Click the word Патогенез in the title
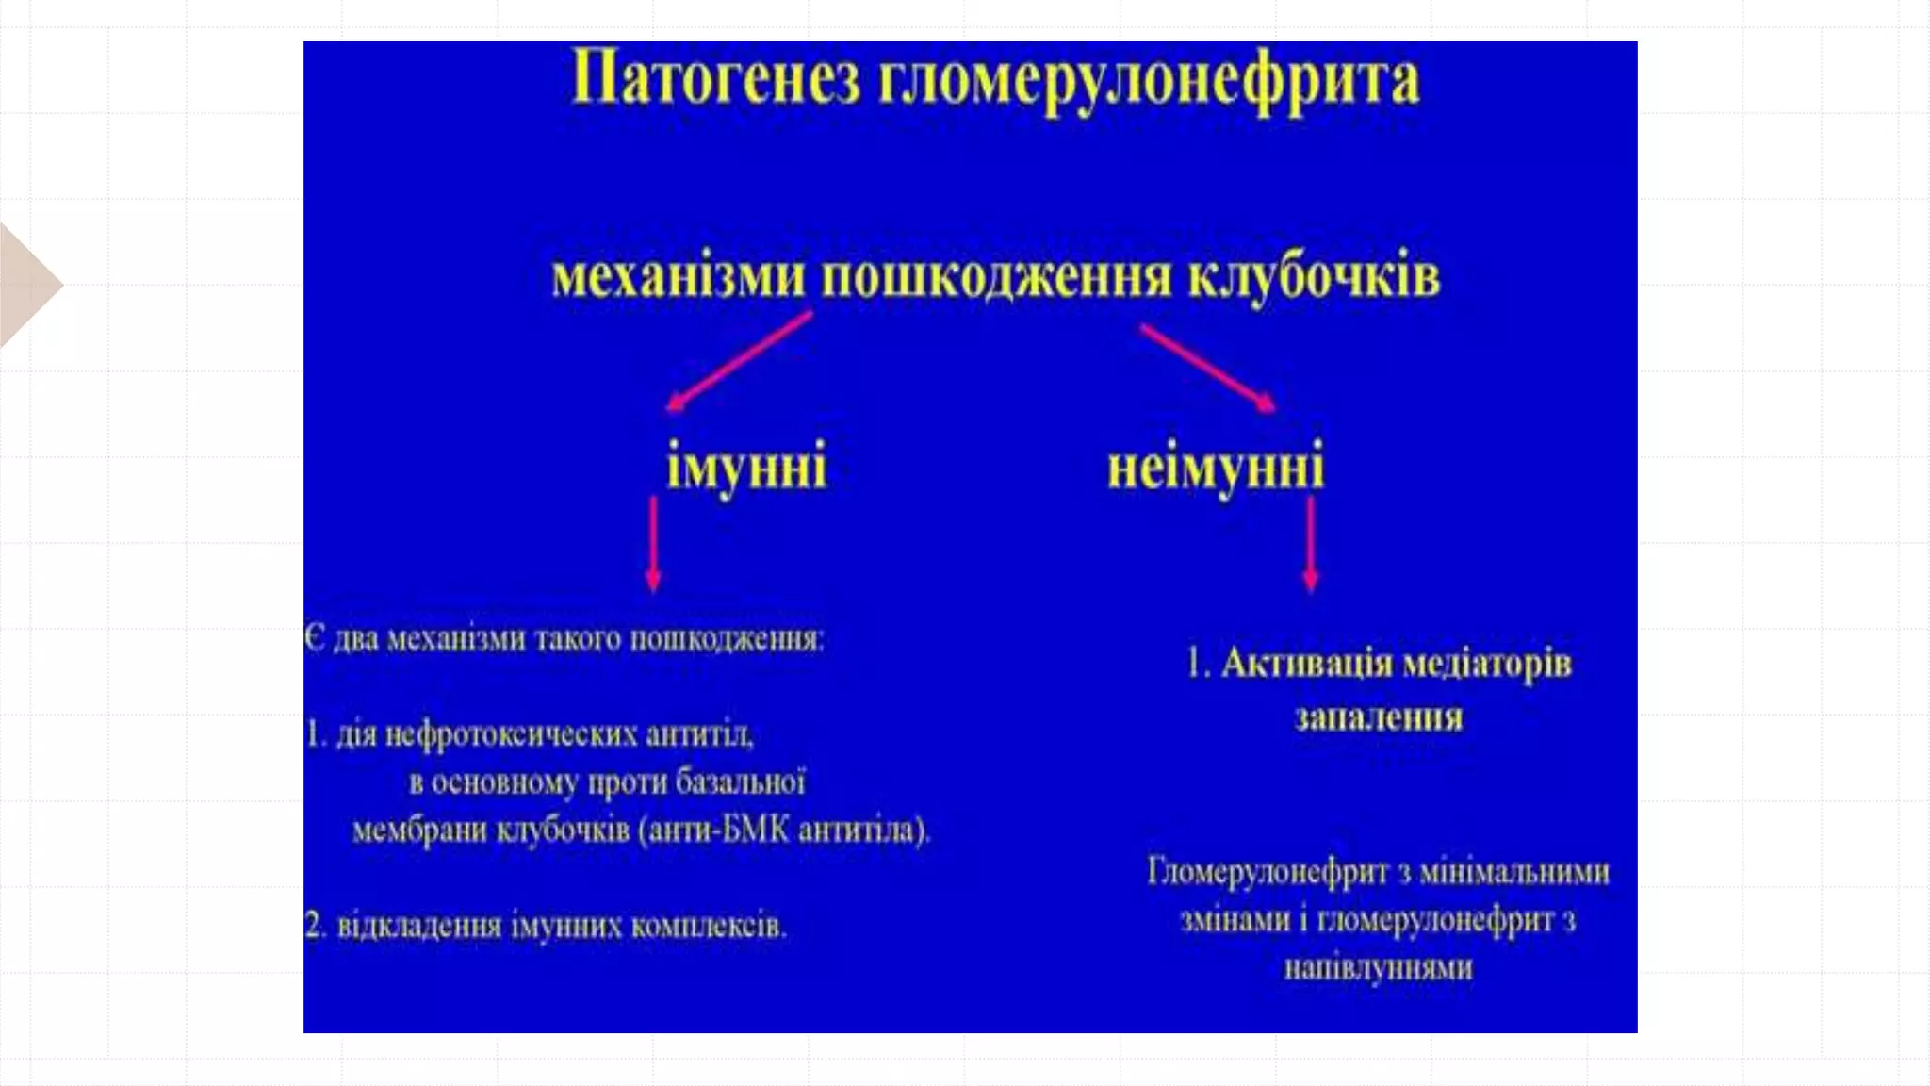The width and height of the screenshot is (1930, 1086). tap(715, 79)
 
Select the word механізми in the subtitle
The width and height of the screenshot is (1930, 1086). tap(679, 278)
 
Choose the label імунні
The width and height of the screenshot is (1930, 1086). tap(746, 467)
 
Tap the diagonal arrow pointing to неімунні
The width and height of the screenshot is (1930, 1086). tap(1208, 369)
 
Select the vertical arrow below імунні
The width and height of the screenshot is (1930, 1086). tap(653, 544)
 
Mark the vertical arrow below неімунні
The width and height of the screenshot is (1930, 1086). tap(1310, 544)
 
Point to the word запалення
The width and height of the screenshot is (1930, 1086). tap(1379, 718)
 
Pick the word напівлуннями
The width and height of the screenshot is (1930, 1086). tap(1378, 968)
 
